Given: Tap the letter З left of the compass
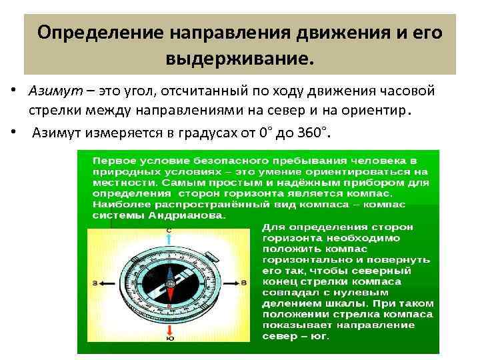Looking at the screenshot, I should [95, 284].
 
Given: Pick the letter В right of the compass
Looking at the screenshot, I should [244, 283].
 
